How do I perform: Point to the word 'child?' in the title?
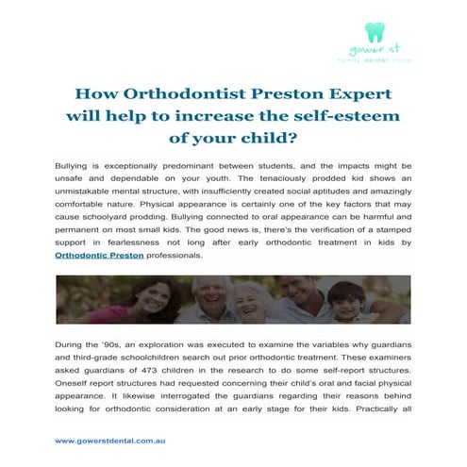point(272,137)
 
